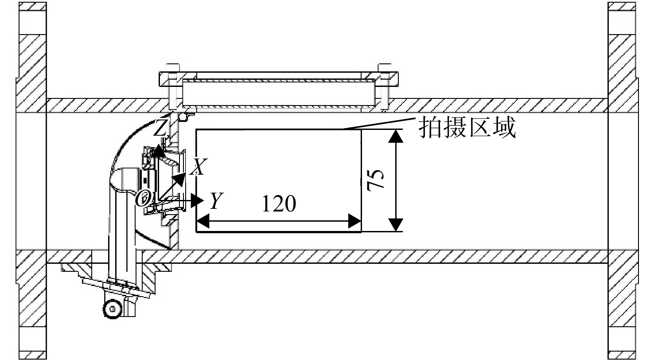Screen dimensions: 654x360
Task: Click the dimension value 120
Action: point(279,203)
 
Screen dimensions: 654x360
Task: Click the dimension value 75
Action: point(376,180)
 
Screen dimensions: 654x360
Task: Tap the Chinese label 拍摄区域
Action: point(467,127)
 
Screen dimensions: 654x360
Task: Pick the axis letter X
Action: point(199,167)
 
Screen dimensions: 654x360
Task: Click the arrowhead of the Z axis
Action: point(159,150)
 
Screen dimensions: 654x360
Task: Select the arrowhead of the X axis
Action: point(180,179)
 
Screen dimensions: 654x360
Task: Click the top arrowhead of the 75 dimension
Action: point(396,136)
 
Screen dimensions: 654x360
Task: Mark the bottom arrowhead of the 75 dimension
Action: point(396,225)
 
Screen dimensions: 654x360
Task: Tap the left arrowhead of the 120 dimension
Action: point(203,221)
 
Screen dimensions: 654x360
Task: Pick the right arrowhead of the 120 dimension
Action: point(355,221)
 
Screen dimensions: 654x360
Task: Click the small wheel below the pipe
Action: point(112,309)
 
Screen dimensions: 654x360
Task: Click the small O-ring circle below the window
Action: point(183,117)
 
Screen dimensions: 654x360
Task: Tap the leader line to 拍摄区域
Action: point(379,123)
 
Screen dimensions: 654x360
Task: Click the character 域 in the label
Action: point(505,127)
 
